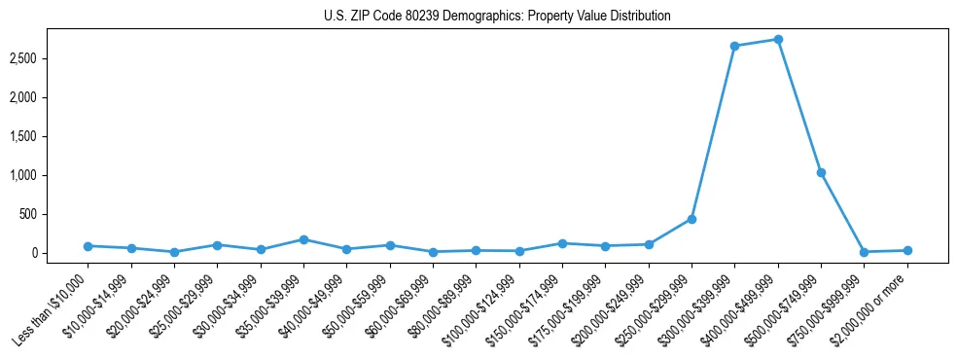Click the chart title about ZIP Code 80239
click(x=497, y=17)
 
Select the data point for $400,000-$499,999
click(x=778, y=40)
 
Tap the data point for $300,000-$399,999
click(x=735, y=46)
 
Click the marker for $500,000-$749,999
click(x=822, y=173)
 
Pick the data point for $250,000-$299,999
click(x=691, y=219)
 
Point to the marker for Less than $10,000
click(x=88, y=246)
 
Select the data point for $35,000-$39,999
click(x=303, y=239)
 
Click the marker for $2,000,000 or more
click(x=907, y=250)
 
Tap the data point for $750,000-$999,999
click(x=865, y=252)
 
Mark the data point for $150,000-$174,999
click(x=562, y=243)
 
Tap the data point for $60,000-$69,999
click(x=433, y=252)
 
